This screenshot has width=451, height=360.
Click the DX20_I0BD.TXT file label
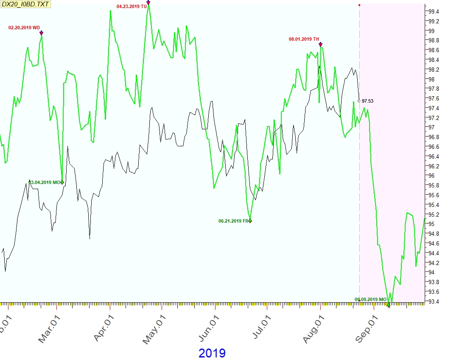(25, 5)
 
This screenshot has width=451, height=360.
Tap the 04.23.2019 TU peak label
(132, 6)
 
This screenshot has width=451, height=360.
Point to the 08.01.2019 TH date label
(304, 39)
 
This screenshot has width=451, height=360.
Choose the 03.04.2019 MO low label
(45, 182)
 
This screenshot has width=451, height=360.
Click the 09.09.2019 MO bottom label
(370, 299)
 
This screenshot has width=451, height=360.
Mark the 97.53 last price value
(367, 101)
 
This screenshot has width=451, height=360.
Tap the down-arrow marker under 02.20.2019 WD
(41, 33)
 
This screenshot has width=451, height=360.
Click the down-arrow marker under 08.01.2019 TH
(320, 44)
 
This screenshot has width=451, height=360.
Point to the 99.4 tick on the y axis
(434, 11)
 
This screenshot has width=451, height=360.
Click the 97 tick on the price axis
(431, 127)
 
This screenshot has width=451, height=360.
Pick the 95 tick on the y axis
(431, 224)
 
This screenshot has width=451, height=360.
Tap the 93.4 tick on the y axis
(434, 301)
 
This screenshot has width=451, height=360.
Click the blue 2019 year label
(212, 353)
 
